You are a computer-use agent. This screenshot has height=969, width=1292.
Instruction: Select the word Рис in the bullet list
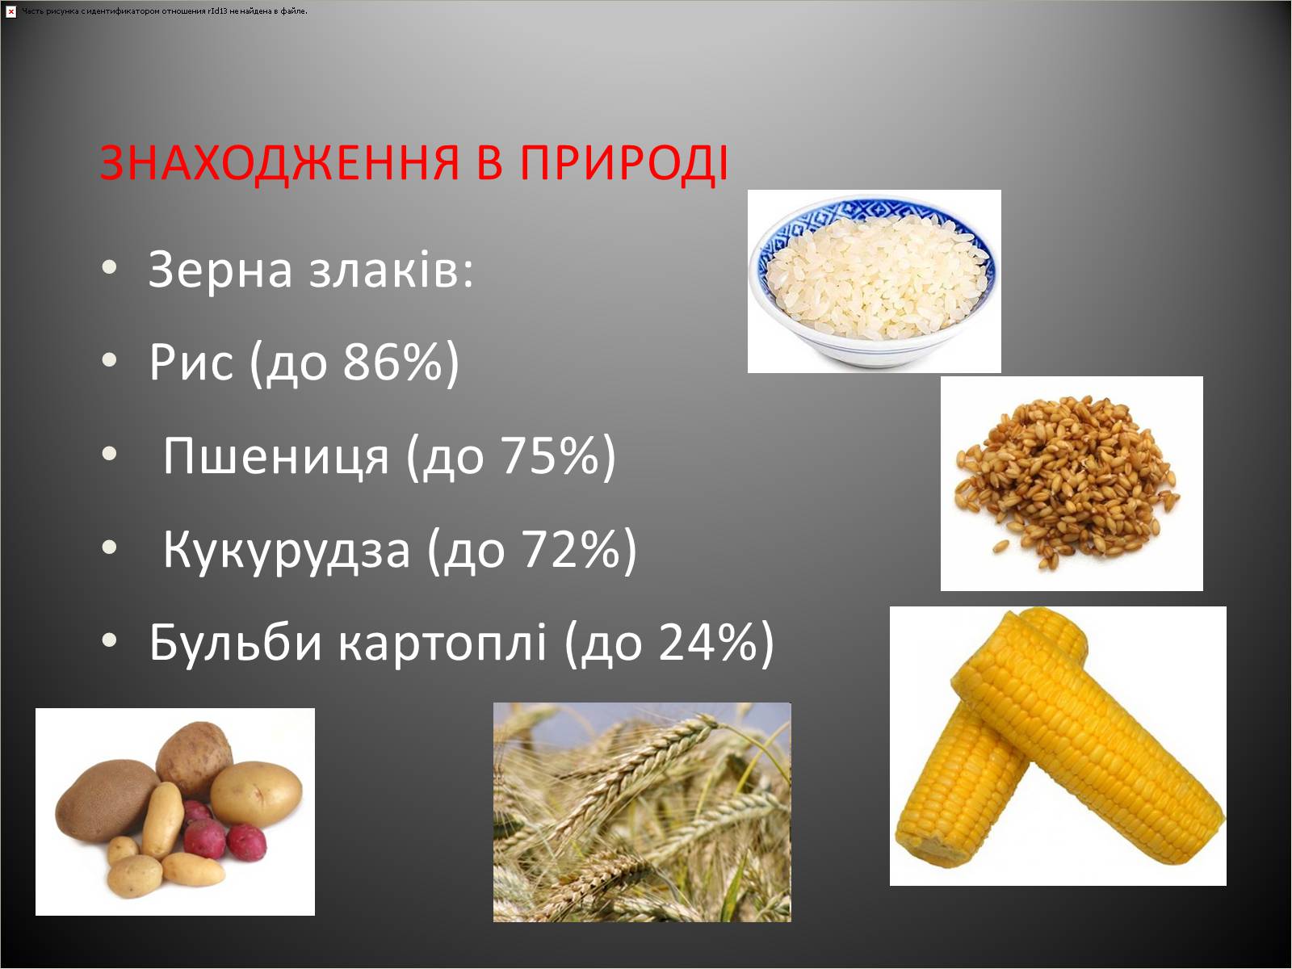click(x=191, y=363)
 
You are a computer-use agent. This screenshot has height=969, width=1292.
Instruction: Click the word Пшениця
click(x=276, y=456)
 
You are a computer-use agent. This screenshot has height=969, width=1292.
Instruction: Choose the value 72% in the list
click(x=570, y=549)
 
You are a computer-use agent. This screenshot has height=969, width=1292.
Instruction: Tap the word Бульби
click(x=236, y=642)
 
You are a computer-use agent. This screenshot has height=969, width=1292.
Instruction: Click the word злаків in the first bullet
click(x=391, y=270)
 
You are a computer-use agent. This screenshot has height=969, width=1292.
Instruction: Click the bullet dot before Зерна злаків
click(x=110, y=267)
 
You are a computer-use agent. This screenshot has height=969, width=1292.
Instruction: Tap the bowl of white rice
click(x=874, y=281)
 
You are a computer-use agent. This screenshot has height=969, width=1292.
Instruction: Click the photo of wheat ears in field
click(x=642, y=812)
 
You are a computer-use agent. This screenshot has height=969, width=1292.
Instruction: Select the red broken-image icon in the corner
click(x=10, y=11)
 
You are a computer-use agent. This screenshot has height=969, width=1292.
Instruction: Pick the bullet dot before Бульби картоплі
click(x=110, y=640)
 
